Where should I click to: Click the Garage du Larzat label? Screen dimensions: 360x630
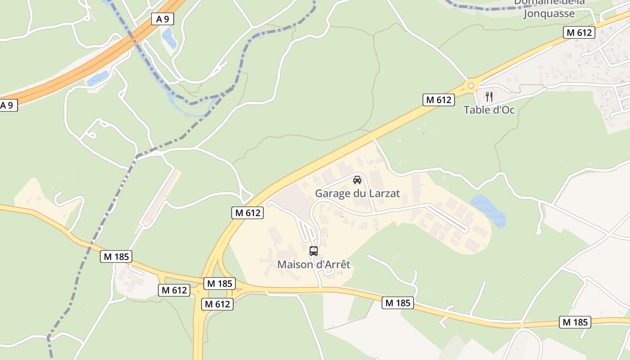(x=357, y=193)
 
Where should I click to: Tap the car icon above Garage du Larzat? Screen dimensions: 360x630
(x=357, y=180)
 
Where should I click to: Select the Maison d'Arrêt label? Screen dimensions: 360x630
(x=314, y=264)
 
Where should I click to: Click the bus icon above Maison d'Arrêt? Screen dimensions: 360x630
(x=314, y=251)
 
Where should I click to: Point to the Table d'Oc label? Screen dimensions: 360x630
(x=489, y=110)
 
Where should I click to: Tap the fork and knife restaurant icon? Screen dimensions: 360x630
(x=489, y=96)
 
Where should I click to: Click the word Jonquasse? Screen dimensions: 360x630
(x=549, y=13)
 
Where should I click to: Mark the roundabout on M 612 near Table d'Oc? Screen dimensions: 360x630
(x=471, y=85)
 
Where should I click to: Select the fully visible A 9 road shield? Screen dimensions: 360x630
(x=162, y=19)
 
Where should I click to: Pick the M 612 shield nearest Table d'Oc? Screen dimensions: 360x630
(x=438, y=100)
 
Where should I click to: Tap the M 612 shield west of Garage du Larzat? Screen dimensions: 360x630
(x=247, y=213)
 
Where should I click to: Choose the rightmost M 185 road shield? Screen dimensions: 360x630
(x=575, y=322)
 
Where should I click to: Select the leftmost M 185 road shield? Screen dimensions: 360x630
(x=117, y=257)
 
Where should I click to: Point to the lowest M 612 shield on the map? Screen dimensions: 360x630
(x=217, y=304)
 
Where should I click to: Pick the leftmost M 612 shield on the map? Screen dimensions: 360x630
(x=174, y=290)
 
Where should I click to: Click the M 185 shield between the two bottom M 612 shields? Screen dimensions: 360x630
(x=220, y=283)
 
